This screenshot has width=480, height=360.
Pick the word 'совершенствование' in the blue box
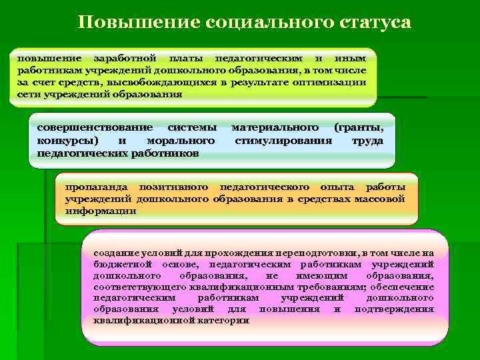click(94, 127)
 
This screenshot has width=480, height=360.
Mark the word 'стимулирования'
click(283, 141)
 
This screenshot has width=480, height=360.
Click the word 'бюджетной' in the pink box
click(121, 264)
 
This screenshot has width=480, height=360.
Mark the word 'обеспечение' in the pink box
click(400, 287)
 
